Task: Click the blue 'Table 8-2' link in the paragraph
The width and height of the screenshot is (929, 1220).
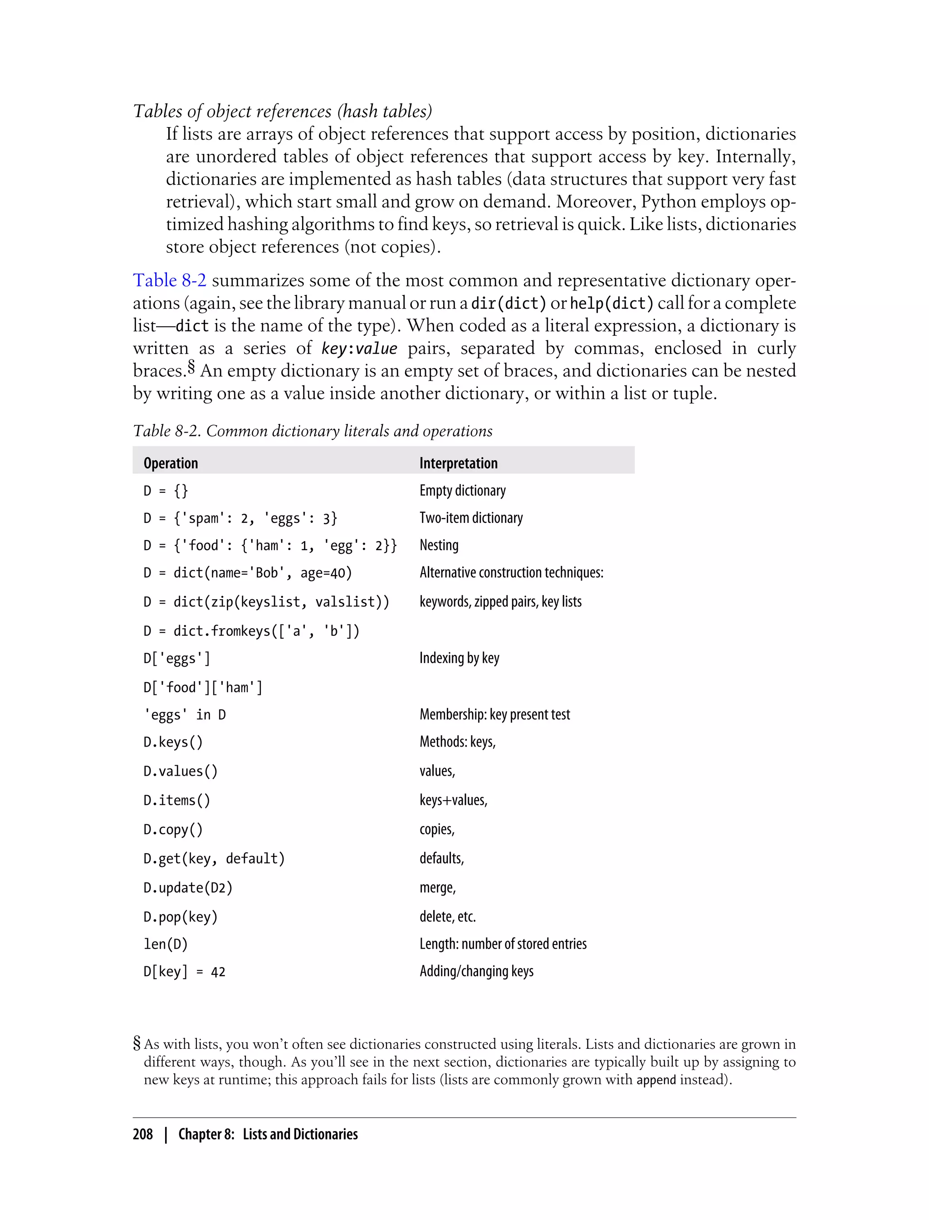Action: [170, 280]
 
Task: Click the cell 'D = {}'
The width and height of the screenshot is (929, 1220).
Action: [166, 491]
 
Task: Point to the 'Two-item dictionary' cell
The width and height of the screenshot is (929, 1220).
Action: [470, 518]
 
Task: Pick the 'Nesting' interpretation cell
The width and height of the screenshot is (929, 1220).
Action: [439, 545]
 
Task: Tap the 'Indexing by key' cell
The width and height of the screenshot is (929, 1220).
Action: [459, 658]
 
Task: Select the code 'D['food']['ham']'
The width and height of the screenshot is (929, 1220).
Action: [202, 687]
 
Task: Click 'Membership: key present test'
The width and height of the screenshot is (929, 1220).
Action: [494, 714]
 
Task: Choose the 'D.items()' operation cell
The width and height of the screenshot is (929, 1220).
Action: [176, 800]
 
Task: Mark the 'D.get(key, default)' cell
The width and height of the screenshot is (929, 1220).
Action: [214, 858]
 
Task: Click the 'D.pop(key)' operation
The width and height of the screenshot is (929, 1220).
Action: [180, 917]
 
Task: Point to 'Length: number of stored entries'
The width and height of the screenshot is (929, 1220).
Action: [503, 944]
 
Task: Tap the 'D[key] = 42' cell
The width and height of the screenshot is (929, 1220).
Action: [184, 972]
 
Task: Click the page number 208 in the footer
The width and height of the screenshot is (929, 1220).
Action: [143, 1134]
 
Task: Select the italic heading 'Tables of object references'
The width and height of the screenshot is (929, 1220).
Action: [282, 111]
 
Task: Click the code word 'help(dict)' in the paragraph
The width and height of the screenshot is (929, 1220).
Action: [611, 303]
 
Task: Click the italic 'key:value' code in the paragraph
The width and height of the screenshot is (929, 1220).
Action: [359, 349]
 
